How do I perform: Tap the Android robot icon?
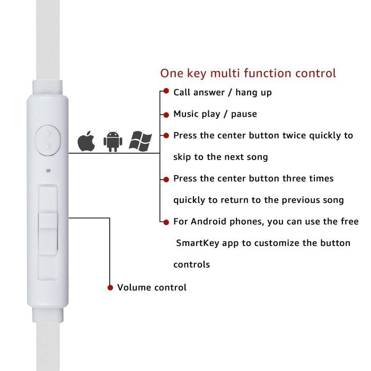click(x=113, y=142)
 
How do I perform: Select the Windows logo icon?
click(x=140, y=141)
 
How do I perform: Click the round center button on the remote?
click(x=48, y=138)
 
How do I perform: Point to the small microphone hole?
click(x=48, y=171)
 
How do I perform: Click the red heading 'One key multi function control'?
click(x=248, y=73)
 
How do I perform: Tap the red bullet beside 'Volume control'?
click(x=110, y=288)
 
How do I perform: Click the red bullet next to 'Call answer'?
click(x=166, y=92)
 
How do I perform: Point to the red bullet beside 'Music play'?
click(x=166, y=114)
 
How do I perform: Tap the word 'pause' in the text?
click(x=244, y=114)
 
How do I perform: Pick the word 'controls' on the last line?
click(x=191, y=264)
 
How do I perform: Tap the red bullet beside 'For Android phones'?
click(x=166, y=222)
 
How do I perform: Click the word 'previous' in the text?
click(x=296, y=200)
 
